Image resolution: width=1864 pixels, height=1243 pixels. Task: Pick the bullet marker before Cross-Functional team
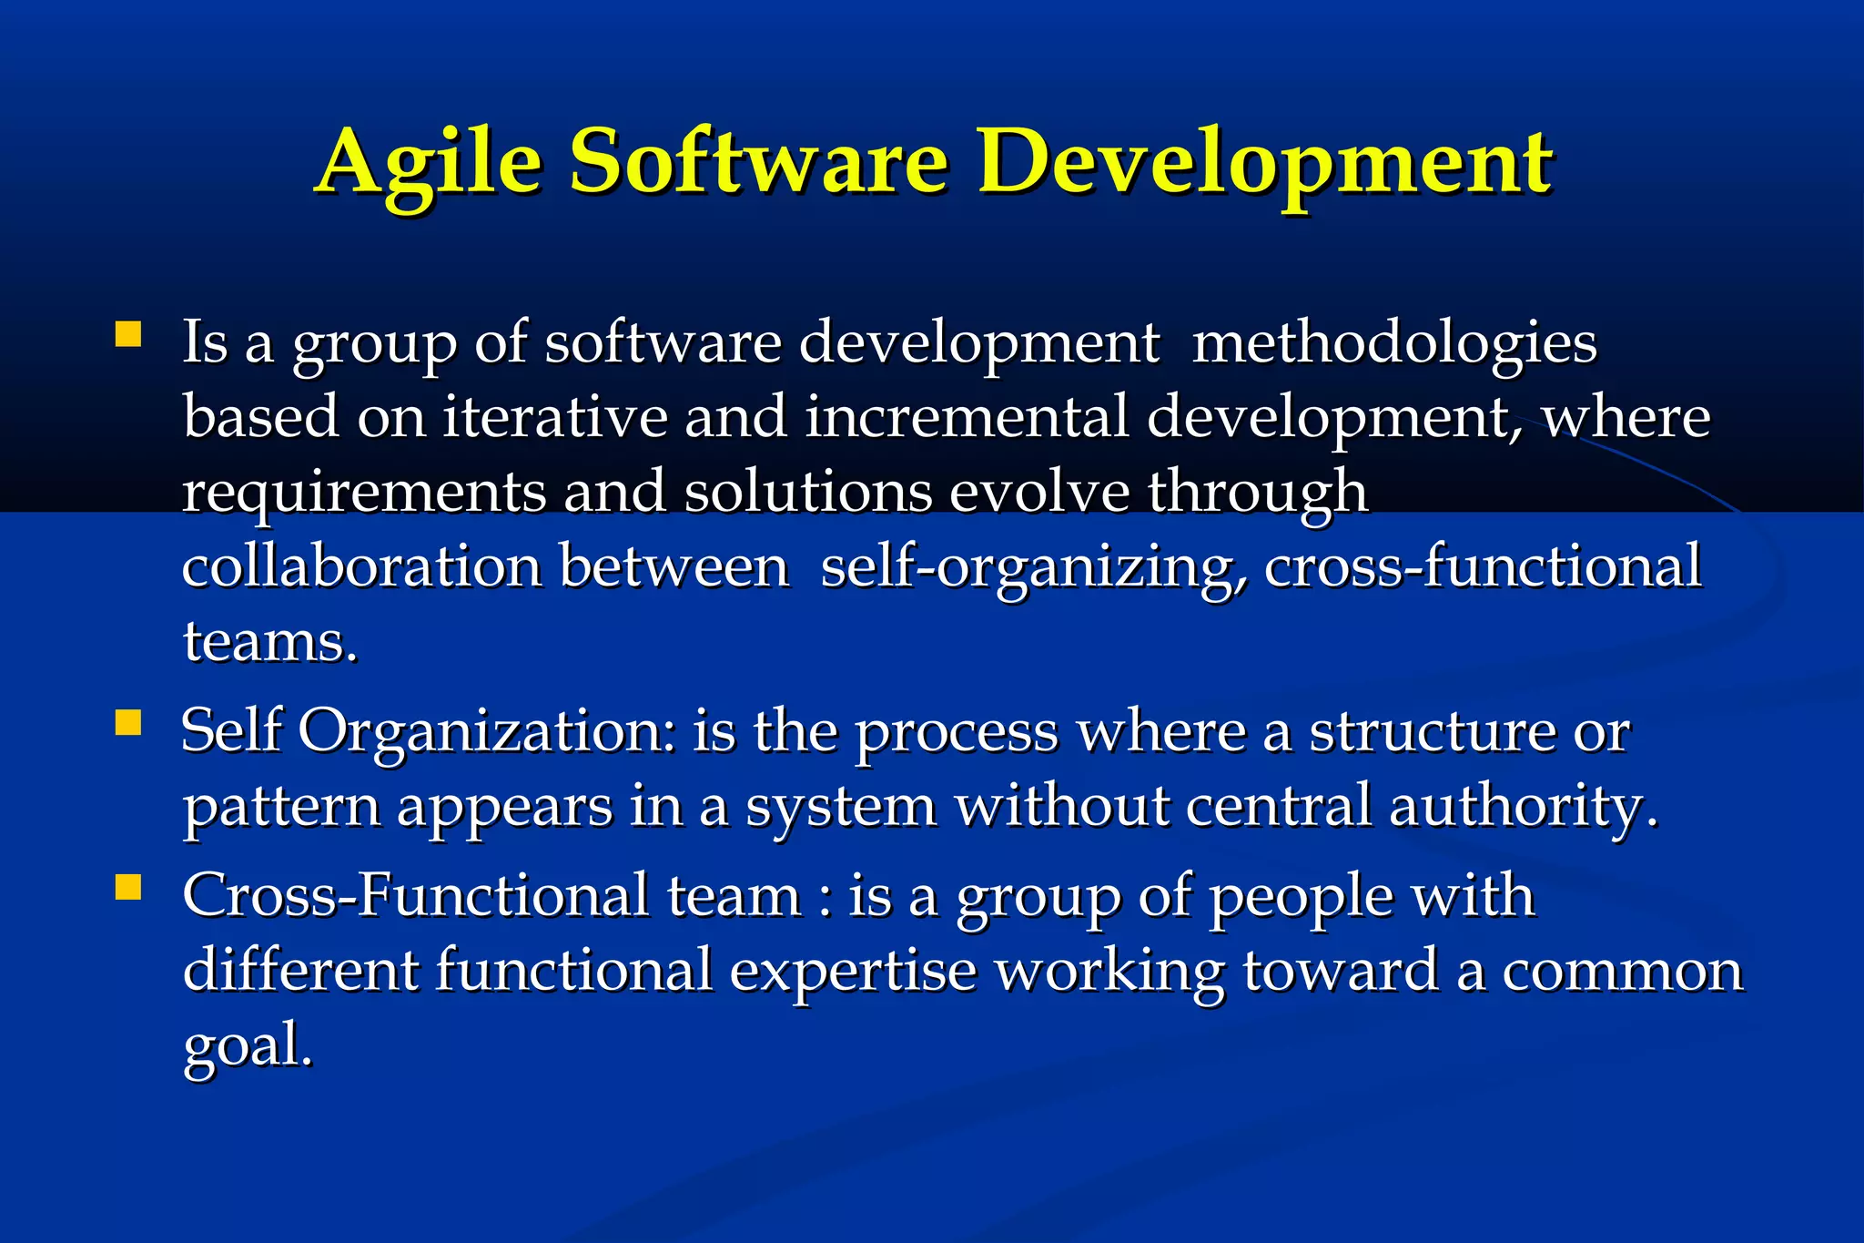(128, 887)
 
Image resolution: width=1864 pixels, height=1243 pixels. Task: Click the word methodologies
(1394, 344)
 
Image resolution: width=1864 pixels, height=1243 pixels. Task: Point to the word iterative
(555, 417)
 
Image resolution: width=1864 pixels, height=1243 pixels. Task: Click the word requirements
(364, 493)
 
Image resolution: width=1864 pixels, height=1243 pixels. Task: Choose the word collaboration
(362, 566)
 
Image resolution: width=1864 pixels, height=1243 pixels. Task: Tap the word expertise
(853, 971)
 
